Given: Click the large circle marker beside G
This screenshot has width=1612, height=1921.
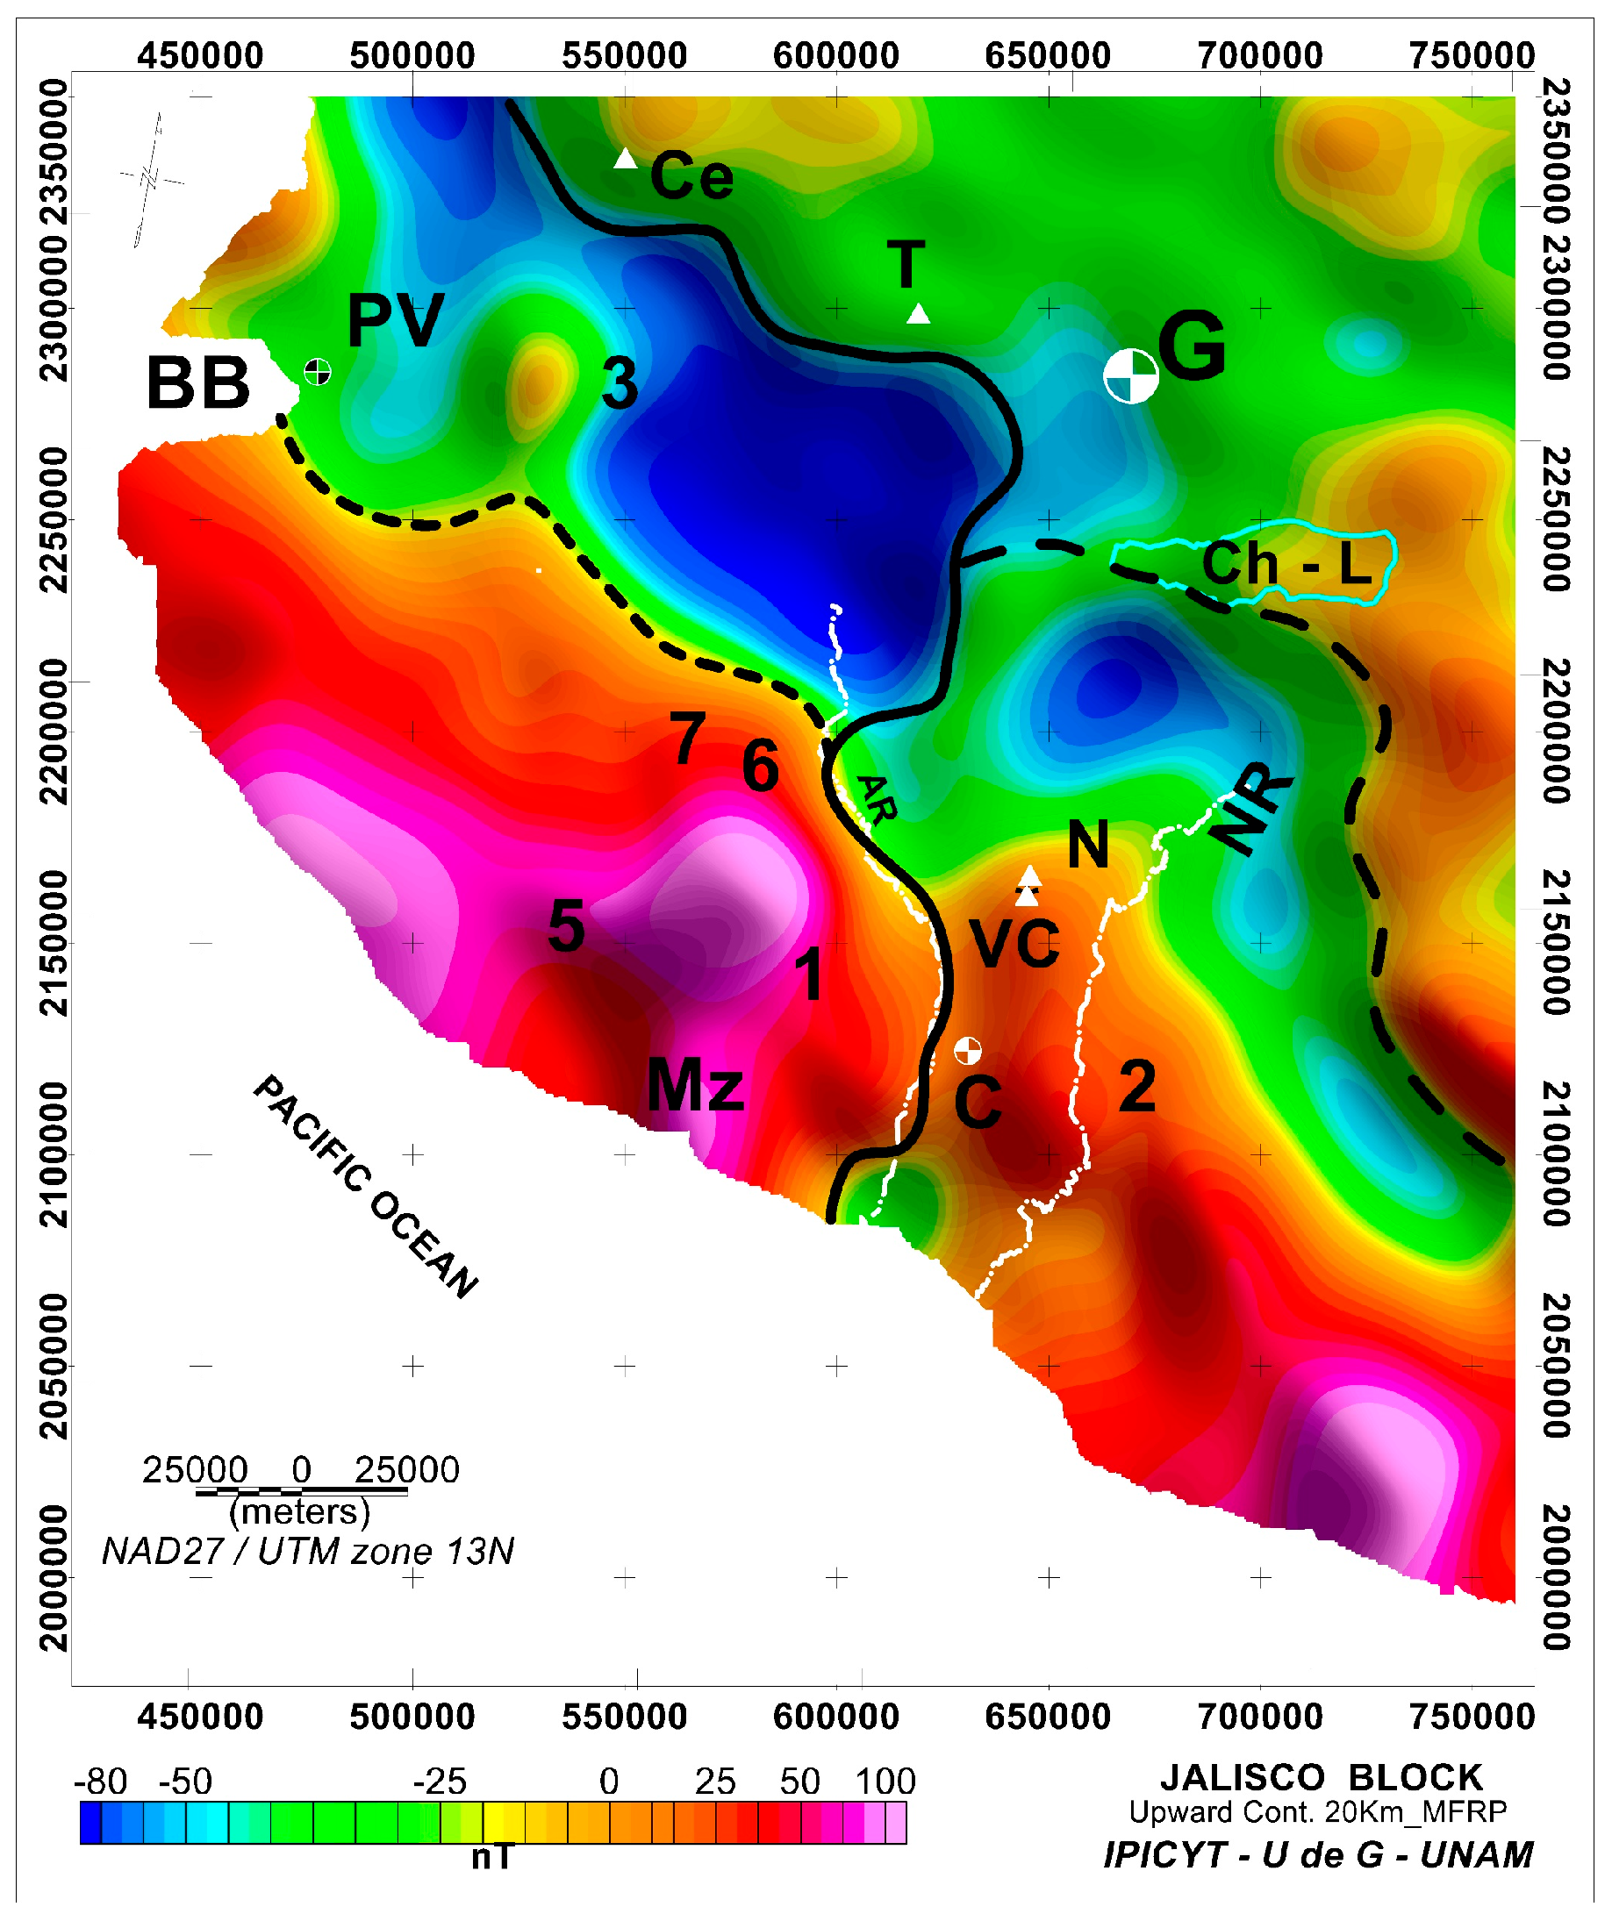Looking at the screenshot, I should (1131, 376).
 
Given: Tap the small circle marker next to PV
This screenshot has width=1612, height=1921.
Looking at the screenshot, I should (318, 371).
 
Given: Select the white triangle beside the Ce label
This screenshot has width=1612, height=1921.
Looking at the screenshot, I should (625, 158).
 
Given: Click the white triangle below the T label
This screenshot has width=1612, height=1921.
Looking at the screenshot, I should (918, 314).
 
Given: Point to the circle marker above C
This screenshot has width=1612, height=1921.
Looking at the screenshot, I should (967, 1050).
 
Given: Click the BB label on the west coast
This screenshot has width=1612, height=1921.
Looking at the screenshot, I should (197, 383).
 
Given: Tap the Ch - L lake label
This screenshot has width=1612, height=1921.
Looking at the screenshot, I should (1286, 564).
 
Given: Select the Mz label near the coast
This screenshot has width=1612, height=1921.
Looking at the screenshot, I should (694, 1085).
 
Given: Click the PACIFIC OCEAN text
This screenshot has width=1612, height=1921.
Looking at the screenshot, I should (365, 1187).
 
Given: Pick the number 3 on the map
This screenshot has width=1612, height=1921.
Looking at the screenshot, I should (620, 383).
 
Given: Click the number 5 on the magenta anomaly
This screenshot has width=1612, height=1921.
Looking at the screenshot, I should (566, 926).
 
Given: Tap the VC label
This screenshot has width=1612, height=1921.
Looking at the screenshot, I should (1014, 943).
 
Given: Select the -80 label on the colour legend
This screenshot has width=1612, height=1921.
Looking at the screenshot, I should (100, 1781).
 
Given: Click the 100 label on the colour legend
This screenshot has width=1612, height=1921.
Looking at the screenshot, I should (885, 1781).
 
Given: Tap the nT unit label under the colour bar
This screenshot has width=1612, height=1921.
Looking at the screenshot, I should (492, 1857).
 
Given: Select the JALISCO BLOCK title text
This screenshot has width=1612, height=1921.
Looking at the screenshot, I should (1320, 1777).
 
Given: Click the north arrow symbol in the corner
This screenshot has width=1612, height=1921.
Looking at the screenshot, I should (151, 178).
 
